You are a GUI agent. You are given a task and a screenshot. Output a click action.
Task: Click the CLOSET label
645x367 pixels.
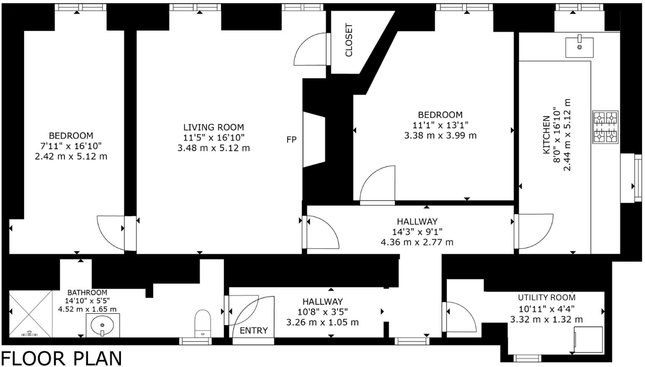click(349, 40)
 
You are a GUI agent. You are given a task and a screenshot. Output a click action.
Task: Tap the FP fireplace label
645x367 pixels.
click(291, 140)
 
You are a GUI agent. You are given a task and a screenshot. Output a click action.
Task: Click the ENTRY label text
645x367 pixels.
click(254, 330)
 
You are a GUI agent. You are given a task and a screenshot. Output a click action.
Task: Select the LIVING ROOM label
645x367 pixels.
click(214, 127)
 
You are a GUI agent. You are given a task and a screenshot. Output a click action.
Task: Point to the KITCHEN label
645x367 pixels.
click(546, 135)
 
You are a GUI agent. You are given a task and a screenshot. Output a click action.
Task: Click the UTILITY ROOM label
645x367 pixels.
click(547, 297)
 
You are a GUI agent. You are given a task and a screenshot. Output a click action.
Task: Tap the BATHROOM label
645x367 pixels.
click(87, 293)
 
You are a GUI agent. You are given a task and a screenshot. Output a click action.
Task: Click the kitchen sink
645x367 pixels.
click(579, 47)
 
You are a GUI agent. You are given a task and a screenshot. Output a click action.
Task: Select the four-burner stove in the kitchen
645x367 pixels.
click(605, 127)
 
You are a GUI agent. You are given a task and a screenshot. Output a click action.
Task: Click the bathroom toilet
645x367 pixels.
click(203, 323)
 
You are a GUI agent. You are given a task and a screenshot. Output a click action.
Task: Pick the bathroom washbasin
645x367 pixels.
click(102, 325)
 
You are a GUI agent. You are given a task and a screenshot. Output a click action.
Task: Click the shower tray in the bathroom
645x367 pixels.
click(30, 314)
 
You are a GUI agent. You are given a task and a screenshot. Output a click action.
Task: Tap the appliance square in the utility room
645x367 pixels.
click(588, 339)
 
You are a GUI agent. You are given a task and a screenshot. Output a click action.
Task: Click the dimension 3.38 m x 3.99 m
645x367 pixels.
click(440, 136)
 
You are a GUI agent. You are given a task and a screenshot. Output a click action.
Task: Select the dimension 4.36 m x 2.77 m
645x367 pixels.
click(417, 242)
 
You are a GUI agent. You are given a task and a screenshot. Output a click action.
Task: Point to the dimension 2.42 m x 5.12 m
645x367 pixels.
click(71, 156)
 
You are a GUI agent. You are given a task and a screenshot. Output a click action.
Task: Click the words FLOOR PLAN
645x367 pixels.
click(62, 358)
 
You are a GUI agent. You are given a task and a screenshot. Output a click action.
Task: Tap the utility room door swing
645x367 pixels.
click(461, 317)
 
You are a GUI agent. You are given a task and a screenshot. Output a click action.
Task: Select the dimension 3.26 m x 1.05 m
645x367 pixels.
click(322, 322)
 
